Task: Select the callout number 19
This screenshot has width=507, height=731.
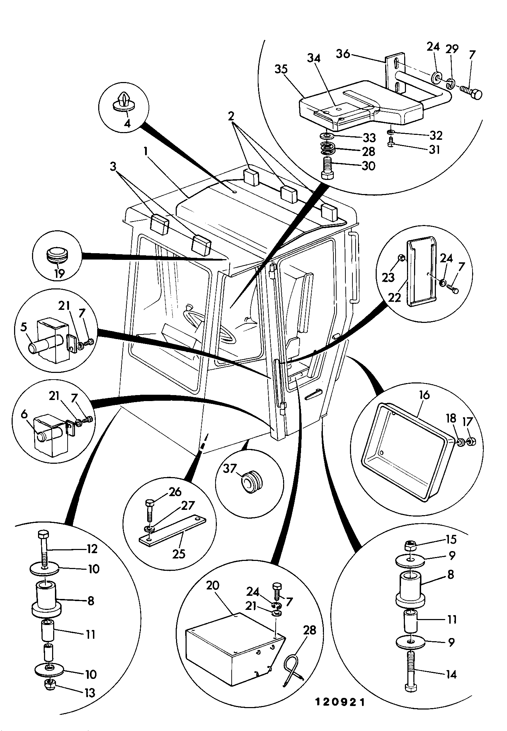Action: click(x=60, y=274)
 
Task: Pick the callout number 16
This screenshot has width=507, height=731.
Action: click(x=425, y=395)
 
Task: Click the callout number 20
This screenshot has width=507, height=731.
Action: click(x=213, y=585)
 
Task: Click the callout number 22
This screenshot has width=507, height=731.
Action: click(x=394, y=298)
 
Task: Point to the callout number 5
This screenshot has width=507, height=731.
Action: click(x=24, y=327)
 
